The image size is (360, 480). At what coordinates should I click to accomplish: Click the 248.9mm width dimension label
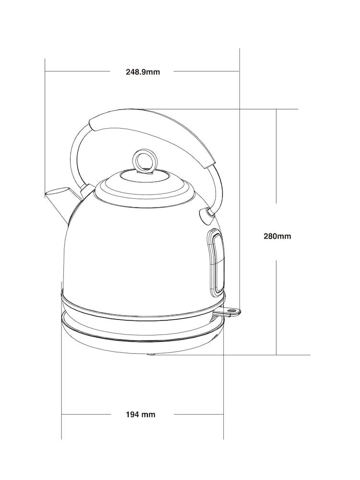[x=143, y=72]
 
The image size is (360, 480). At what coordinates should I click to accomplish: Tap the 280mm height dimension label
[x=277, y=236]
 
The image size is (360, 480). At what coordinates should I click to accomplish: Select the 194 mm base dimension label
[x=141, y=414]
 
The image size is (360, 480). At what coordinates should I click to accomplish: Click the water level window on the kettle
[x=216, y=262]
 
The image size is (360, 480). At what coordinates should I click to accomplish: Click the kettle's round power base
[x=143, y=331]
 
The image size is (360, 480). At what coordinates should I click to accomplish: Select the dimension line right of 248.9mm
[x=206, y=72]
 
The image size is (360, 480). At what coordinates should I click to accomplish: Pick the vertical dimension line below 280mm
[x=276, y=307]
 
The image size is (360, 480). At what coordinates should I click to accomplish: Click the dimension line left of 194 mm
[x=86, y=414]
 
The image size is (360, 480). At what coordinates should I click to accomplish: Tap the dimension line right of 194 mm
[x=199, y=414]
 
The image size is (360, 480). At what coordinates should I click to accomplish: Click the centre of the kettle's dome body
[x=139, y=250]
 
